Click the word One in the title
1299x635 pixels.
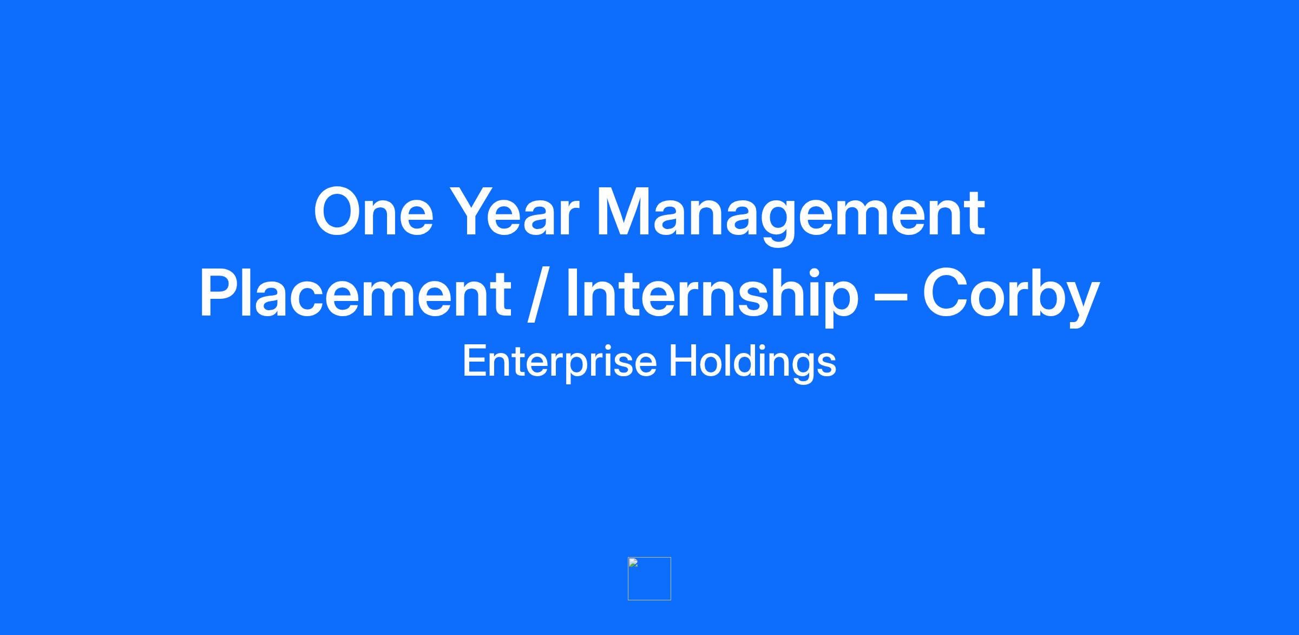[x=373, y=212]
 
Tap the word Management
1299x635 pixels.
[x=790, y=217]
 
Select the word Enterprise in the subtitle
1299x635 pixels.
[x=560, y=362]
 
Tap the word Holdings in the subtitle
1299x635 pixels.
[x=753, y=362]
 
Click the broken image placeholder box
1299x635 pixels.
[x=649, y=579]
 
